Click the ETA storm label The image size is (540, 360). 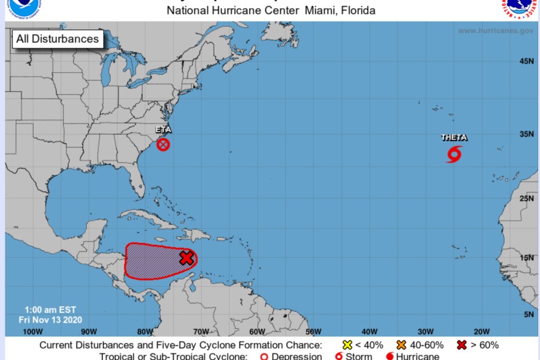pos(163,130)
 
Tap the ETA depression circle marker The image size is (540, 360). pos(163,145)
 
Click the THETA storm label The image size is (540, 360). pos(454,138)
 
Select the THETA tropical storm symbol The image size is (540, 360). pos(455,154)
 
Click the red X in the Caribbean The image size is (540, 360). pos(186,258)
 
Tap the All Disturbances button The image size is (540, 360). pos(57,39)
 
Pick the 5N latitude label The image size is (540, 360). pos(528,314)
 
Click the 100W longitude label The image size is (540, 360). pos(33,332)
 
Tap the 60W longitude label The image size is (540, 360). pos(257,332)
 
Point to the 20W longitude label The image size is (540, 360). pos(481,332)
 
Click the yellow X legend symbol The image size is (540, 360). pos(347,345)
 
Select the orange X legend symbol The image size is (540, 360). pos(401,345)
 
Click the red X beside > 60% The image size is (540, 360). pos(462,345)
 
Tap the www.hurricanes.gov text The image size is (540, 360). pos(495,31)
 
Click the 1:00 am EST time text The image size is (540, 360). pos(51,309)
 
